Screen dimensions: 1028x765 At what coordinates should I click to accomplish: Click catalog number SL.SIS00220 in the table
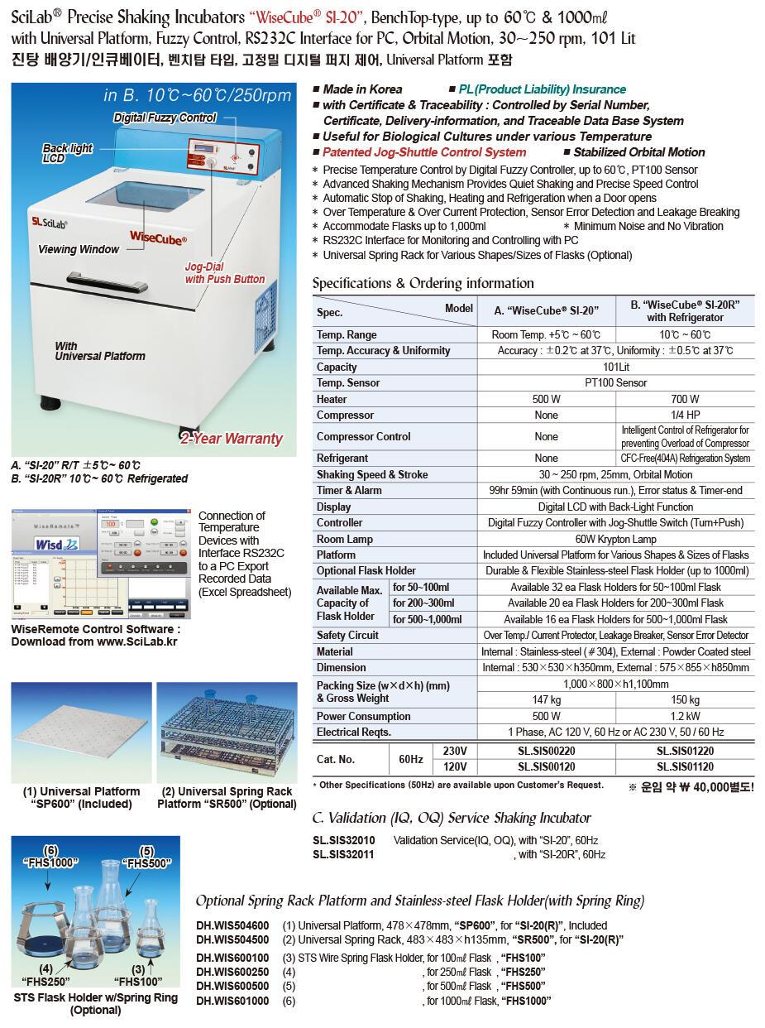pos(546,751)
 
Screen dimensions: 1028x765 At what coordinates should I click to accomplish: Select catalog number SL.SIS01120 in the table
pos(685,767)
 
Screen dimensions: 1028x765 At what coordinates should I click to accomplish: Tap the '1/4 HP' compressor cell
pos(685,415)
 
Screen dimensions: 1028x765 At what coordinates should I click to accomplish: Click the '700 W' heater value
pos(685,399)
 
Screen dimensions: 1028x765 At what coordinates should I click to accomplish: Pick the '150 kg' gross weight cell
pos(685,700)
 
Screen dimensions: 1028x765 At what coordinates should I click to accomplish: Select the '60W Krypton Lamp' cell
pos(615,539)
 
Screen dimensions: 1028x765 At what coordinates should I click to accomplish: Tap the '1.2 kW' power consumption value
pos(685,716)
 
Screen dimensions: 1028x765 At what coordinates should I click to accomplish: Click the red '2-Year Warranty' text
pos(232,439)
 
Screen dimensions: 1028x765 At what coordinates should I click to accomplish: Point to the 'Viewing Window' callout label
pos(79,249)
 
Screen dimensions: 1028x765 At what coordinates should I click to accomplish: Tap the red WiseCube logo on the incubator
pos(158,236)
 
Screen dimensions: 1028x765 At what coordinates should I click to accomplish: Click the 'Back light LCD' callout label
pos(68,153)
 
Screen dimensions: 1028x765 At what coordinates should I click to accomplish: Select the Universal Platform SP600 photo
pos(81,733)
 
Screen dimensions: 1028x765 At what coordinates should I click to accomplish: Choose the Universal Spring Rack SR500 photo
pos(227,733)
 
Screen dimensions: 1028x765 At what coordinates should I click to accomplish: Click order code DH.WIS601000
pos(232,1001)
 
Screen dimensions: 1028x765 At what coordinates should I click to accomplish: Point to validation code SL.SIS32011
pos(343,855)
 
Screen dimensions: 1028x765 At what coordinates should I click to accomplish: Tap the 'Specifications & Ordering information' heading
pos(423,283)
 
